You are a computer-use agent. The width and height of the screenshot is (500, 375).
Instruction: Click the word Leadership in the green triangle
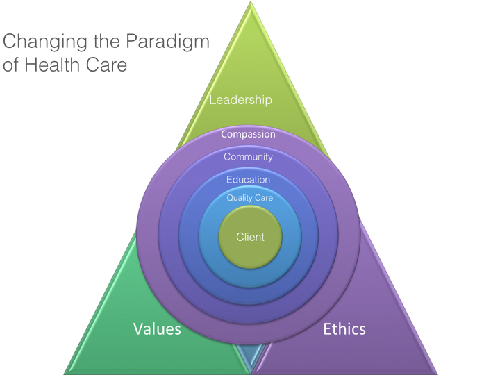pyautogui.click(x=241, y=99)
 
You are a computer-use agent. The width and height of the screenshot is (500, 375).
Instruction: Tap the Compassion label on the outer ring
pyautogui.click(x=248, y=134)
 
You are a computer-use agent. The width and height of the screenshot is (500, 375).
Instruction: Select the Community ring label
pyautogui.click(x=248, y=157)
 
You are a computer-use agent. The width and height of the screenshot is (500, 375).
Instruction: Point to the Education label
pyautogui.click(x=248, y=180)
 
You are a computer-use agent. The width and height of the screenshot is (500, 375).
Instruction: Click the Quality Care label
pyautogui.click(x=250, y=198)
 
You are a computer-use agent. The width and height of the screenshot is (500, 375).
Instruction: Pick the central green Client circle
pyautogui.click(x=250, y=237)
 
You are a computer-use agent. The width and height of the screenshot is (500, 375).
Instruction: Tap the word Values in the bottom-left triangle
pyautogui.click(x=157, y=328)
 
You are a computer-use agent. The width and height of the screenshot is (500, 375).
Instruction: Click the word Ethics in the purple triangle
pyautogui.click(x=344, y=328)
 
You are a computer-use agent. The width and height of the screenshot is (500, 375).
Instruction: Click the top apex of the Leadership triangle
pyautogui.click(x=250, y=6)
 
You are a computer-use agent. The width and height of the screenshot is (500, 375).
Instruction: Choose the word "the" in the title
pyautogui.click(x=100, y=42)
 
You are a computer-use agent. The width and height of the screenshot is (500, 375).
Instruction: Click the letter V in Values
pyautogui.click(x=138, y=328)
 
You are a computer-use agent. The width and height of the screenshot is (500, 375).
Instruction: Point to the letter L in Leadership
pyautogui.click(x=212, y=99)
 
